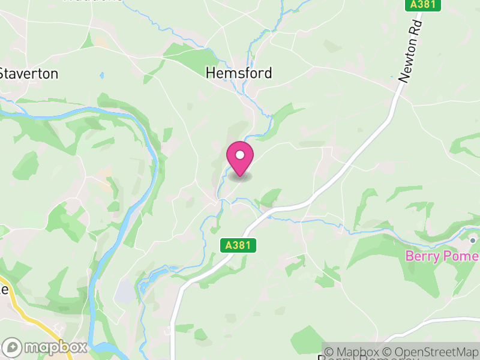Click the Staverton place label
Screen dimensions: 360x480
coord(29,74)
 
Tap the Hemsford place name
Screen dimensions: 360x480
coord(239,73)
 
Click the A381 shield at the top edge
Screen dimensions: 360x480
coord(423,5)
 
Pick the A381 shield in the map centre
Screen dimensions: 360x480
coord(238,245)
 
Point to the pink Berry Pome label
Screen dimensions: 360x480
coord(442,256)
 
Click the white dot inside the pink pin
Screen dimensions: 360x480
coord(240,155)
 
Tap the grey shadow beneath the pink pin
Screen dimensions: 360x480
coord(240,176)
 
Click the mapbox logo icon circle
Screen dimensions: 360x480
coord(13,347)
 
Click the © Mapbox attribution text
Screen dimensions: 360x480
coord(356,352)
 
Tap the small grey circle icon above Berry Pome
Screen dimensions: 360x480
coord(473,240)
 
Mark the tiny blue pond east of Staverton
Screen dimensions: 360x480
coord(101,76)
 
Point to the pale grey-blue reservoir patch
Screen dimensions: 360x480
coord(125,292)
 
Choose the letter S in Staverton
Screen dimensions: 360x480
coord(3,74)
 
